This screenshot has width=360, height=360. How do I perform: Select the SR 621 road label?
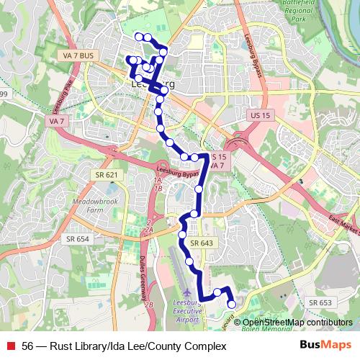tap(105, 175)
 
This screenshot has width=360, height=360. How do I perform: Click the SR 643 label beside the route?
tap(204, 243)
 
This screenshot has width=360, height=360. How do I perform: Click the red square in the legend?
tap(9, 346)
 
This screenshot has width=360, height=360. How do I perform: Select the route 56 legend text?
tap(124, 346)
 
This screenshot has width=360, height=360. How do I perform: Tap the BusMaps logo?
tap(325, 346)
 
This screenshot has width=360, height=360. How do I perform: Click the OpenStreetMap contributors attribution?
tap(297, 323)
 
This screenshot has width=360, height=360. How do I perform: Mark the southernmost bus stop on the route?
tap(232, 305)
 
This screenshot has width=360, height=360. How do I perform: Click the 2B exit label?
tap(149, 305)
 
